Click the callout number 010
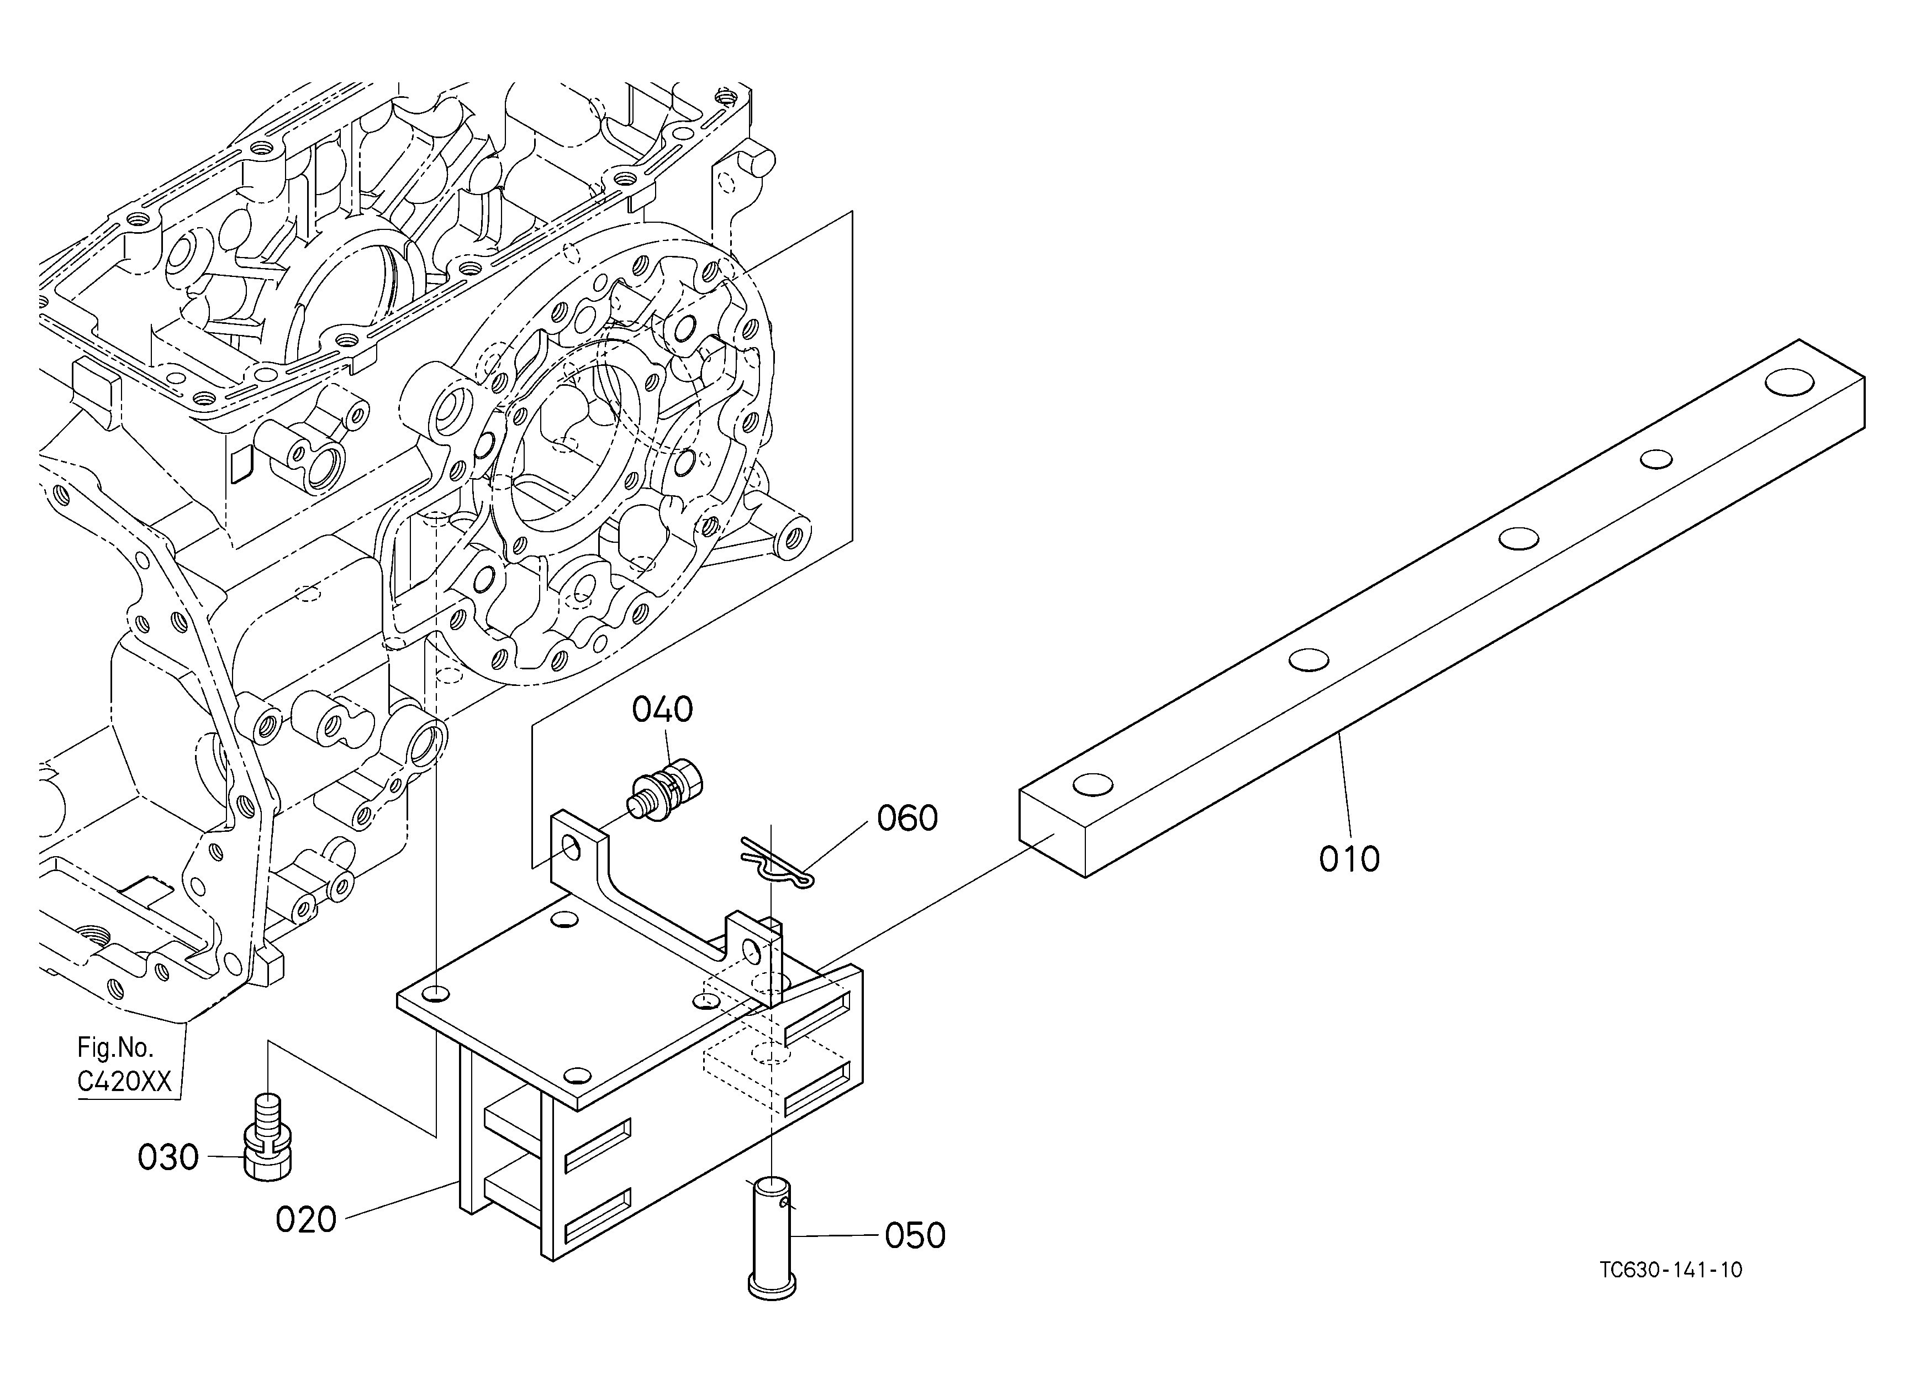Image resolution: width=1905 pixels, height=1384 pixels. pyautogui.click(x=1349, y=859)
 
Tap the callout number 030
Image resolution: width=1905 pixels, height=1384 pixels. pyautogui.click(x=168, y=1157)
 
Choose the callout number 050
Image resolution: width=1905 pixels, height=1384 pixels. pyautogui.click(x=915, y=1235)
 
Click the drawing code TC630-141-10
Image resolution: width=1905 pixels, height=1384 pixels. pyautogui.click(x=1670, y=1269)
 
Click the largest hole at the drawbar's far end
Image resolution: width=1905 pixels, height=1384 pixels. pyautogui.click(x=1790, y=381)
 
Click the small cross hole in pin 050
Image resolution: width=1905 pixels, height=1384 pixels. pyautogui.click(x=784, y=1204)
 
